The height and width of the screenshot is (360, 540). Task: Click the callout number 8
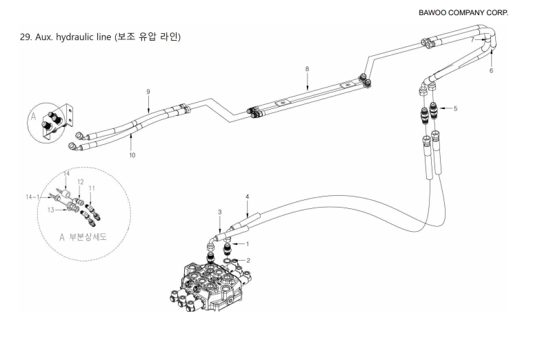tap(306, 68)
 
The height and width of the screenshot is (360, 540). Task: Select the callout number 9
tap(148, 92)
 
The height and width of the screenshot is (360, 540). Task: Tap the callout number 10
tap(132, 155)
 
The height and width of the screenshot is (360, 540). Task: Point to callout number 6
tap(492, 70)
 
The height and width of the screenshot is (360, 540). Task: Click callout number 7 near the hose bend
tap(472, 40)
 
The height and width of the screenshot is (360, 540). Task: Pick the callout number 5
tap(455, 108)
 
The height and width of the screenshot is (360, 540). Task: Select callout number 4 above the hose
tap(246, 197)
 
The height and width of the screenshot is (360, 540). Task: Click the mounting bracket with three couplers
tap(55, 124)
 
